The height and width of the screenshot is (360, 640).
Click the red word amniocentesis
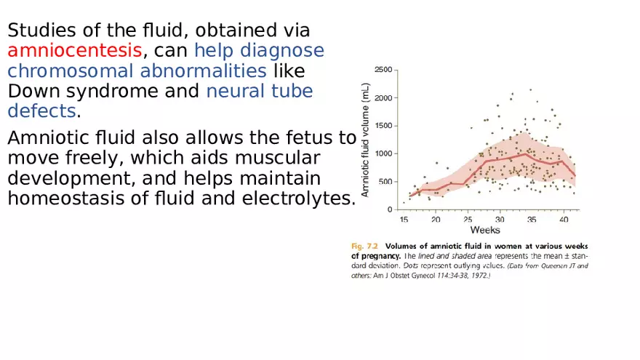(x=74, y=51)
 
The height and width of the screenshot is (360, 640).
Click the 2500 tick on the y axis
(x=383, y=70)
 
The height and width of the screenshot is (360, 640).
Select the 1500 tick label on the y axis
(x=383, y=126)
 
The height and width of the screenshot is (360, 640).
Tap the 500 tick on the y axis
(x=385, y=182)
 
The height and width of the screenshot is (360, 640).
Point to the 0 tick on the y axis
(x=390, y=209)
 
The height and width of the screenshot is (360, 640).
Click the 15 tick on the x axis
(x=404, y=219)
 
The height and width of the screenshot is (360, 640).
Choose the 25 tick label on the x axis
(x=468, y=219)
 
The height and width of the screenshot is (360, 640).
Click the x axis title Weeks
(x=484, y=230)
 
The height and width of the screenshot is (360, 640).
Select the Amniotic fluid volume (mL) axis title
(x=366, y=139)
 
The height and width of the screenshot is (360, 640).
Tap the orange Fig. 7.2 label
(x=364, y=246)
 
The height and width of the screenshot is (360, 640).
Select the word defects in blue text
(x=41, y=111)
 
